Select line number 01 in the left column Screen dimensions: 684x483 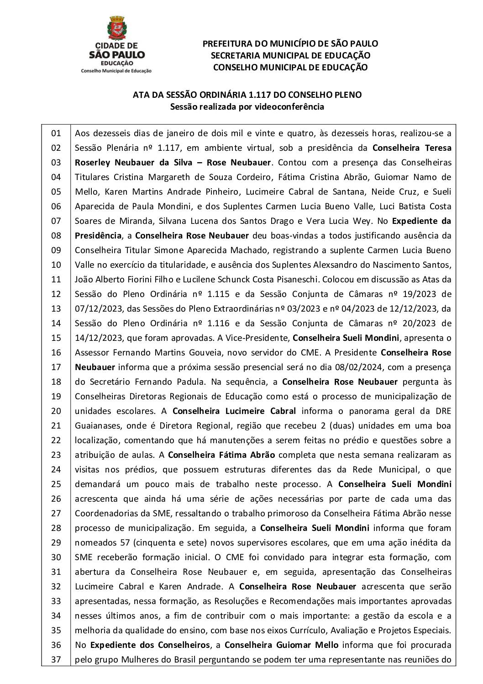[56, 133]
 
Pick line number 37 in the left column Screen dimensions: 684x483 [56, 659]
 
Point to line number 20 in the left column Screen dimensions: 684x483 [56, 411]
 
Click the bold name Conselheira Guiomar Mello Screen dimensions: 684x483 [282, 645]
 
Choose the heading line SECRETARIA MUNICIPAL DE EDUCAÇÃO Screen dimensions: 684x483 [290, 56]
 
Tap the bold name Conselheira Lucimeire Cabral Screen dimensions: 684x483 [234, 411]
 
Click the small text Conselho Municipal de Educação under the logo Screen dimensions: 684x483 [116, 71]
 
